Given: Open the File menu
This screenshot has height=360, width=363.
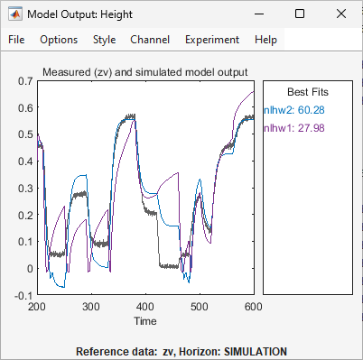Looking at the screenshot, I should [x=17, y=40].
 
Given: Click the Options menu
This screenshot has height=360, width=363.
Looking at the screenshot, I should [x=59, y=40].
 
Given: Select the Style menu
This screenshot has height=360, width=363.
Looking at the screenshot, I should [x=104, y=40].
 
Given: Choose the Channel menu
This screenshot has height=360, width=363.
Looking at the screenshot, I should [x=149, y=40].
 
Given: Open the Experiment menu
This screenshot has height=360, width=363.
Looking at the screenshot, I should [x=212, y=40].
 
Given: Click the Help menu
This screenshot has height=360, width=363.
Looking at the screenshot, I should [x=266, y=40].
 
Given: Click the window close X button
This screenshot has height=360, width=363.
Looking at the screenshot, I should [x=340, y=14].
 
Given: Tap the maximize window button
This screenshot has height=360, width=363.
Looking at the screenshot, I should [x=300, y=14].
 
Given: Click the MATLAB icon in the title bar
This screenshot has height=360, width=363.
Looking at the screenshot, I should [x=15, y=14].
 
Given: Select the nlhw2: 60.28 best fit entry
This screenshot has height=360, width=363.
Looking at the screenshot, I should [x=294, y=110].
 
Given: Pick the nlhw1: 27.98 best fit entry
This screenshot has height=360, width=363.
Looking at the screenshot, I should [x=294, y=129].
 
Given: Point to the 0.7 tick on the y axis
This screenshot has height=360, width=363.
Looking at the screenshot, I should [x=24, y=81].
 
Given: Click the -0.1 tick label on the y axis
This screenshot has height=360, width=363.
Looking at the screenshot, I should [x=23, y=295].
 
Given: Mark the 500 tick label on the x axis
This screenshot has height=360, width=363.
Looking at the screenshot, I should [x=200, y=307].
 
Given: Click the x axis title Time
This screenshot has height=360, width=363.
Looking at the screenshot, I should [x=145, y=320].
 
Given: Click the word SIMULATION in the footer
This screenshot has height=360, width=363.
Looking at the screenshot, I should [x=256, y=351].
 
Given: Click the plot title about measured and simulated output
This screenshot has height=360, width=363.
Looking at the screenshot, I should [x=145, y=71].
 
